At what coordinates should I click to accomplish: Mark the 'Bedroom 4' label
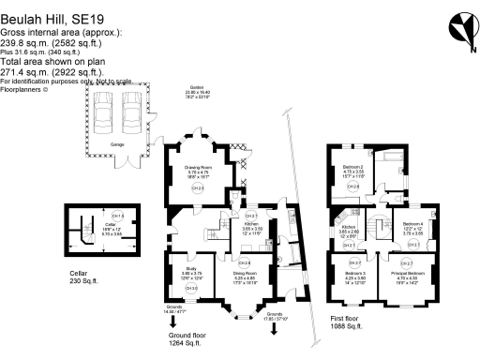click(x=412, y=224)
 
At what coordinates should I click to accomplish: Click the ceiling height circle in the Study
click(x=190, y=287)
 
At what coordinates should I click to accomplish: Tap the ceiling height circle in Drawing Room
click(x=196, y=189)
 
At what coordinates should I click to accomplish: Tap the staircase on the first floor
click(x=379, y=228)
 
